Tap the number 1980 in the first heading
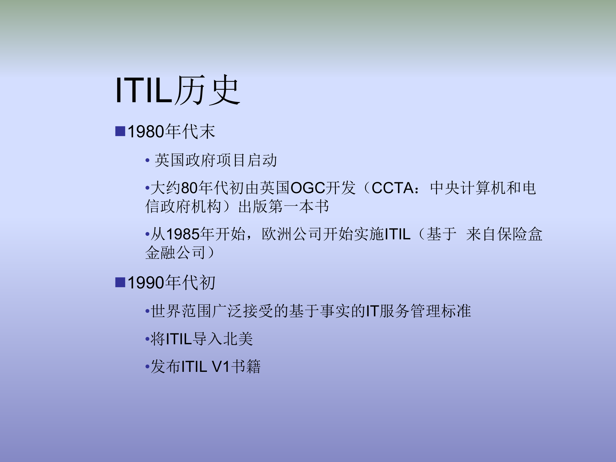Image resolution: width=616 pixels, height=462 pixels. click(146, 132)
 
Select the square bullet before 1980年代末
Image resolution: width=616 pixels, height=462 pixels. click(120, 132)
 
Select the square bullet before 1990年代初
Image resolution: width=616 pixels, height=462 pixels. click(120, 283)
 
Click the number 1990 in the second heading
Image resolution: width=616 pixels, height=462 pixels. click(146, 283)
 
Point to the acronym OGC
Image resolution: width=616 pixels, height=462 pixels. click(308, 188)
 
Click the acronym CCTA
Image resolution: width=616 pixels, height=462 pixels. click(393, 188)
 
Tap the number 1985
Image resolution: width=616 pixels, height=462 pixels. click(183, 234)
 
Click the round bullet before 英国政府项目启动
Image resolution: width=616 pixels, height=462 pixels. click(147, 160)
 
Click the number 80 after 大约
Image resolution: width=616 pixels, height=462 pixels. click(189, 188)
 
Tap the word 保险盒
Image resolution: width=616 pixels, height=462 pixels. click(519, 234)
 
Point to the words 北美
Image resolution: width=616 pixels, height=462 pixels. click(238, 339)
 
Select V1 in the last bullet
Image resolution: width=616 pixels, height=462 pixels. click(221, 367)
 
